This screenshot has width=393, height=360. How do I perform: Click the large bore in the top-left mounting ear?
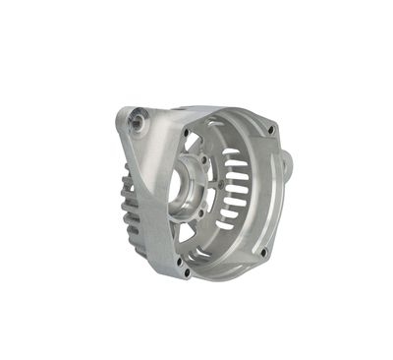point(135,120)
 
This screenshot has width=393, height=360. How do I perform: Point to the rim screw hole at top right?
point(271,130)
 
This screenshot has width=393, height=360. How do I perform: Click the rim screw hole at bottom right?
point(263,252)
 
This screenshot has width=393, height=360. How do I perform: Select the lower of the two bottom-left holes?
point(181,272)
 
